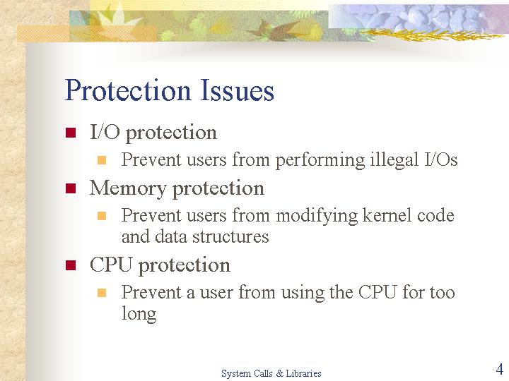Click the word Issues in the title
click(237, 90)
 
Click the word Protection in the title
click(127, 90)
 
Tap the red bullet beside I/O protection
click(71, 133)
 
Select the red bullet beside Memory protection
click(71, 188)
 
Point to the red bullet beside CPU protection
click(71, 265)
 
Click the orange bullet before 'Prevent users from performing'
click(102, 160)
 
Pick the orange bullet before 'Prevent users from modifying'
click(102, 216)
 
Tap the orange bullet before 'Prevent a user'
click(102, 293)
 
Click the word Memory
click(127, 188)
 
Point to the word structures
click(230, 236)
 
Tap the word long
click(139, 314)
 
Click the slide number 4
click(500, 369)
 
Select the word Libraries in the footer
click(303, 373)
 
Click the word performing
click(320, 160)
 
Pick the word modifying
click(317, 216)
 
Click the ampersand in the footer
click(279, 373)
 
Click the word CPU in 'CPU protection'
click(111, 265)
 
